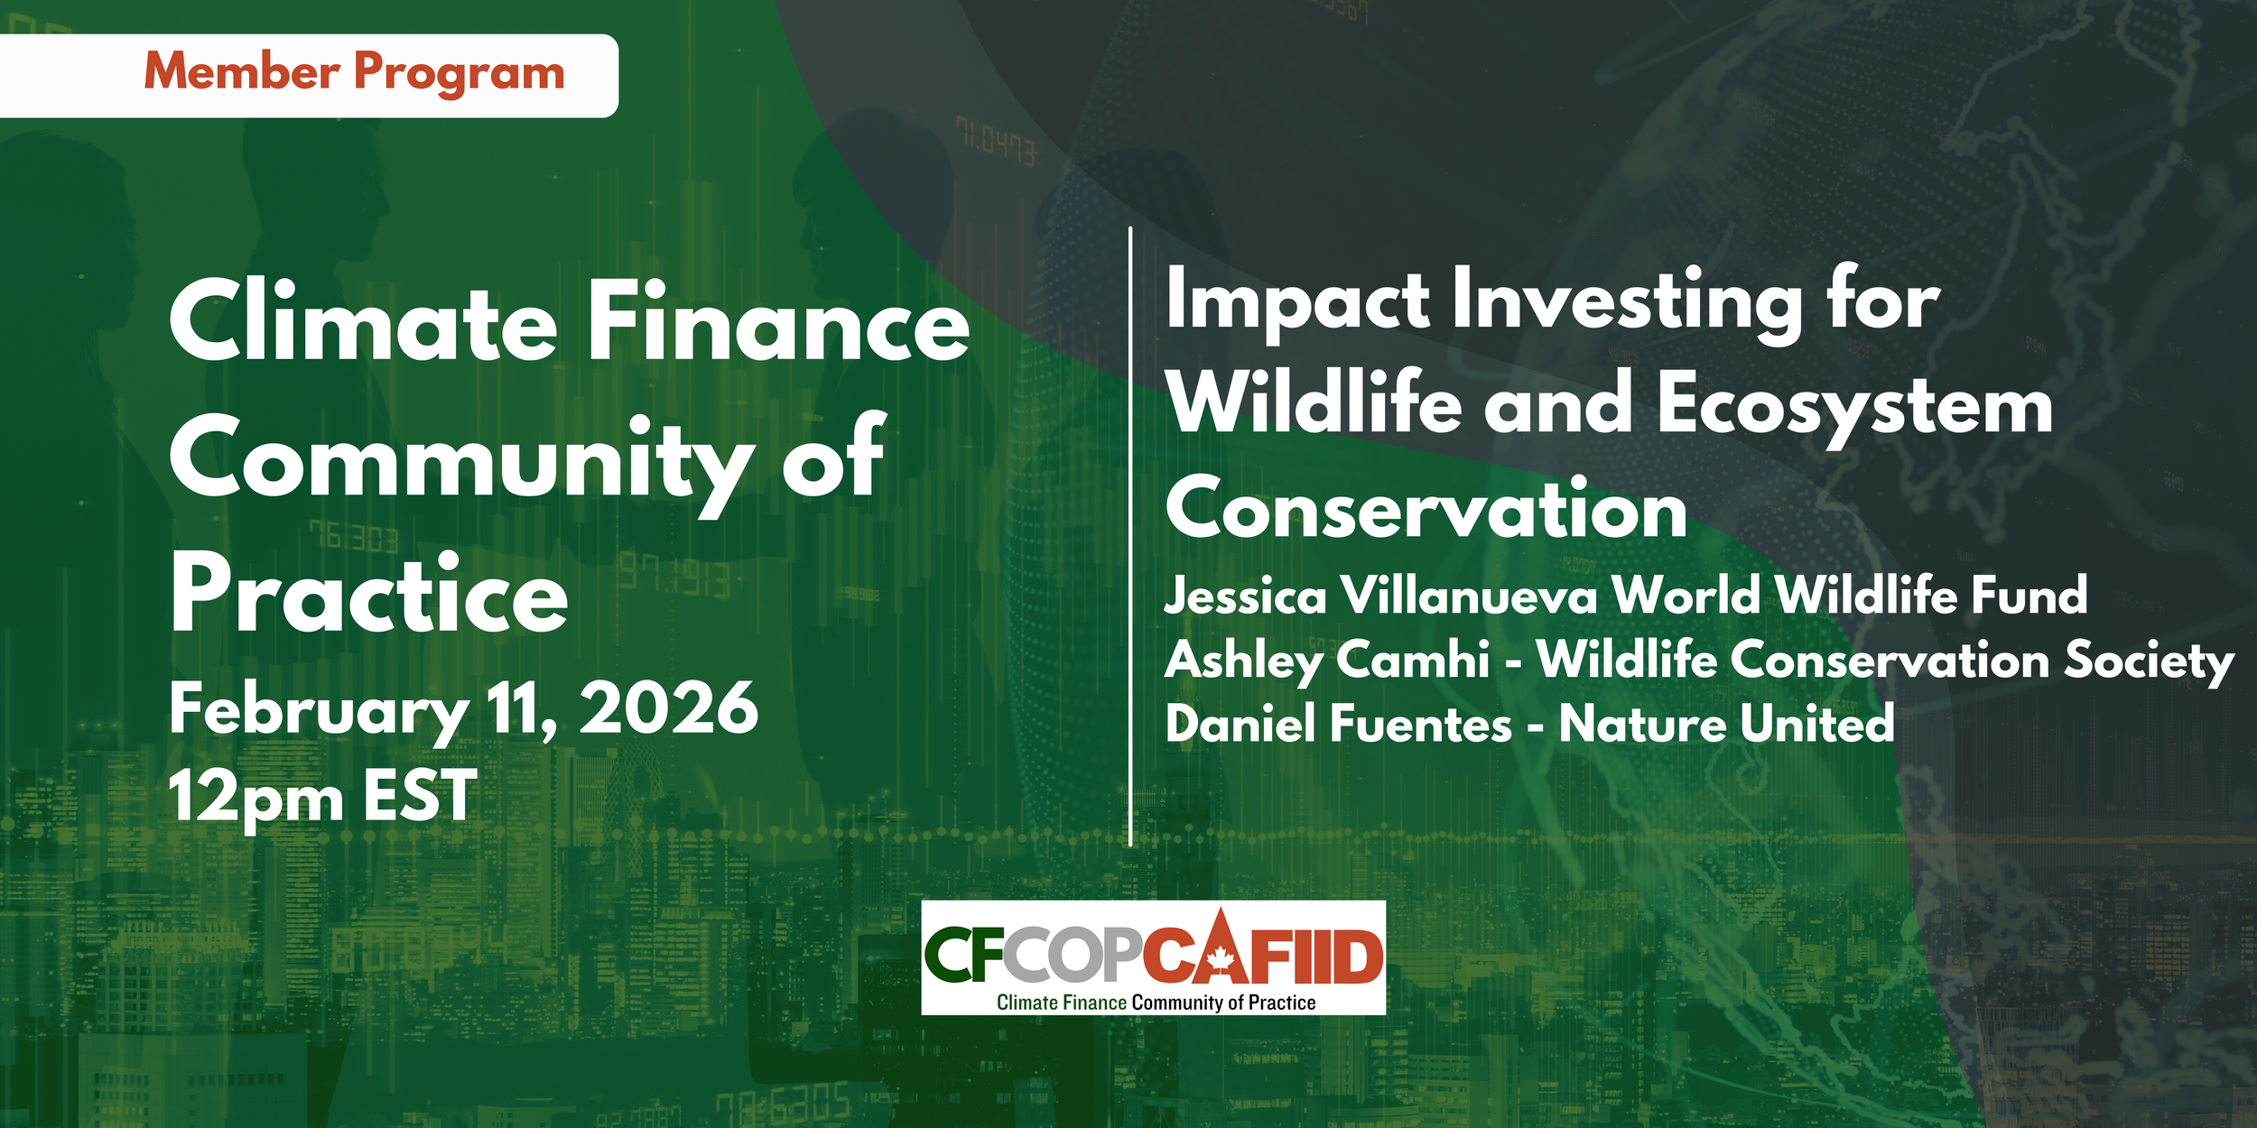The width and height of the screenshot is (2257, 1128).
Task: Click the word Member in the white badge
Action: tap(242, 71)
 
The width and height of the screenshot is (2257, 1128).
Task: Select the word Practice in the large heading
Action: tap(369, 593)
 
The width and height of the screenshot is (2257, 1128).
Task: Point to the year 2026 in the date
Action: tap(668, 708)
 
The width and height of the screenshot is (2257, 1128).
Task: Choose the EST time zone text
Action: tap(420, 796)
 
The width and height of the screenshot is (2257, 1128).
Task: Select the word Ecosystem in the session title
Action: tap(1855, 406)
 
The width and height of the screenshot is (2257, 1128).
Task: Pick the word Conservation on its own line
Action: tap(1426, 510)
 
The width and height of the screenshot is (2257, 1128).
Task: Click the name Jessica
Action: tap(1246, 596)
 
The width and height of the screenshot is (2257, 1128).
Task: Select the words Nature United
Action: tap(1726, 725)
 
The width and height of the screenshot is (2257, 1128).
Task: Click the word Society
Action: tap(2149, 661)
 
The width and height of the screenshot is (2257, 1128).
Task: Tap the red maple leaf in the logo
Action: tap(1221, 959)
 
